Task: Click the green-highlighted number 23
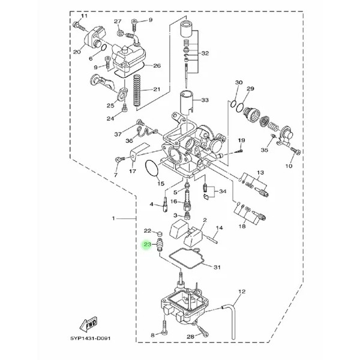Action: click(x=147, y=244)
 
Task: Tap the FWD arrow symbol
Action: click(x=88, y=324)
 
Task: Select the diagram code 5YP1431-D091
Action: click(x=90, y=338)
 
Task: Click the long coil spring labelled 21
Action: click(x=137, y=91)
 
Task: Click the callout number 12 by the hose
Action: click(x=242, y=292)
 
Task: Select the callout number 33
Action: click(x=205, y=100)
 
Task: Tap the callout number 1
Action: click(x=113, y=218)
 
